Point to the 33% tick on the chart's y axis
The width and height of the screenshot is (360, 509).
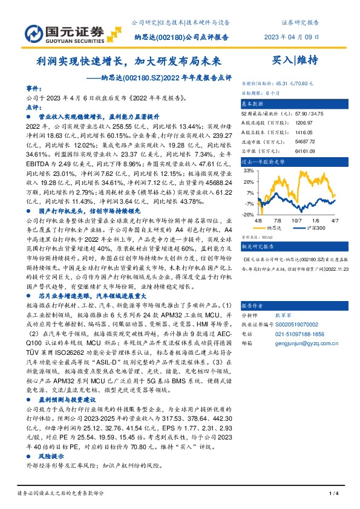(x=249, y=172)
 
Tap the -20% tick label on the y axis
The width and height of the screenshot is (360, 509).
(x=247, y=214)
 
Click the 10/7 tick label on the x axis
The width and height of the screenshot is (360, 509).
(x=297, y=221)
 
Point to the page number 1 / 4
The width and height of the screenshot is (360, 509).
(x=333, y=494)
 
